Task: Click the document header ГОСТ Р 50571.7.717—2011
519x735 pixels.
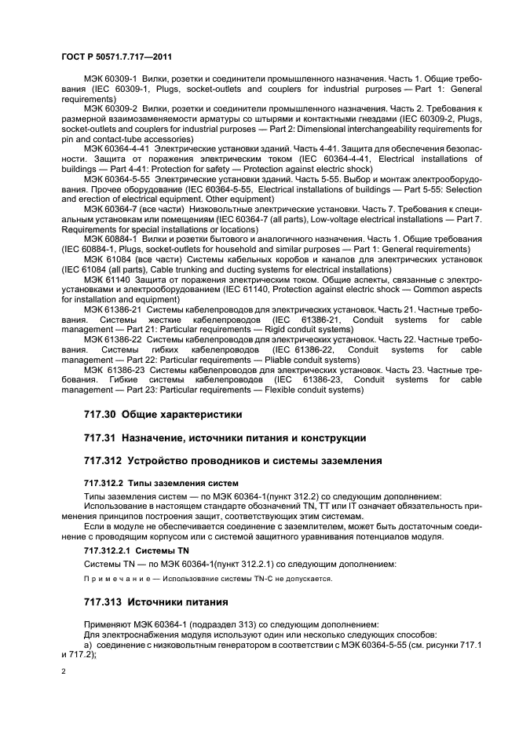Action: coord(116,57)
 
